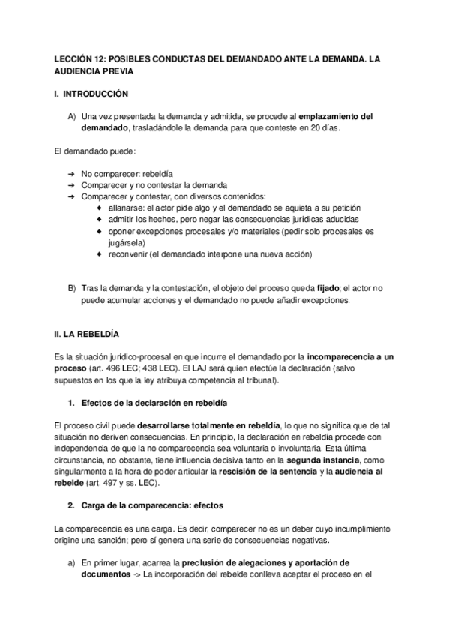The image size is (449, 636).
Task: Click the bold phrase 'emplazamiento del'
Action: (336, 117)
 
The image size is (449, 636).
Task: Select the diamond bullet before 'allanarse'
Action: (101, 208)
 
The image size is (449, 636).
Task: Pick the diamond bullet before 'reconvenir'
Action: (101, 254)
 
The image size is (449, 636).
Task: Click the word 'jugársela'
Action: (126, 243)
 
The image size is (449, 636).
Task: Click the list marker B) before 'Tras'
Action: (72, 289)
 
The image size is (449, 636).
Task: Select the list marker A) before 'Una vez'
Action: (72, 117)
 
